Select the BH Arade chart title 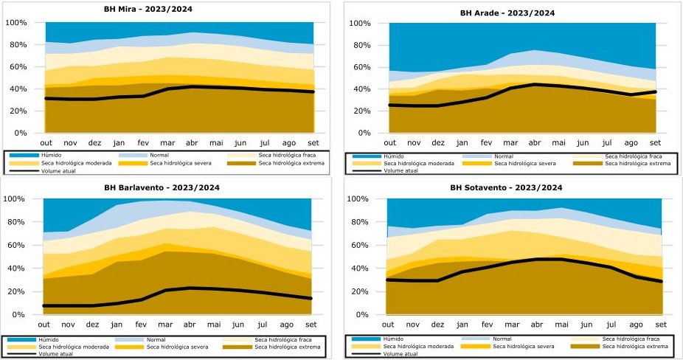pyautogui.click(x=507, y=13)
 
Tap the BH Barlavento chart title pyautogui.click(x=162, y=187)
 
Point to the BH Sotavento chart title pyautogui.click(x=506, y=187)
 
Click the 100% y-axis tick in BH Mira pyautogui.click(x=16, y=23)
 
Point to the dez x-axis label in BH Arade pyautogui.click(x=437, y=142)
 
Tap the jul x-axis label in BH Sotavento pyautogui.click(x=611, y=324)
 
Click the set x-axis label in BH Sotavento pyautogui.click(x=661, y=324)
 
